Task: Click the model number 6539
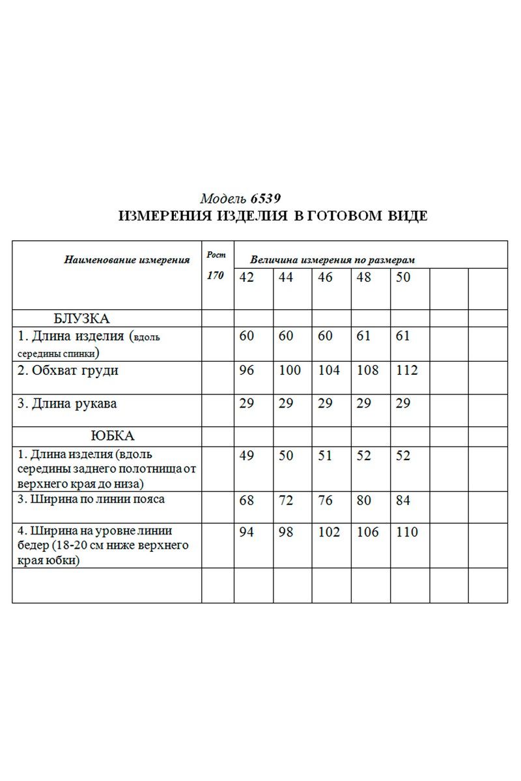267,199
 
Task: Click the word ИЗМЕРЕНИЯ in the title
164,217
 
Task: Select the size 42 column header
247,277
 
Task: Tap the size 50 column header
403,277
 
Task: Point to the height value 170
215,275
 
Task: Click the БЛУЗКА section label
81,319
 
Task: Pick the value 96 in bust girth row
247,370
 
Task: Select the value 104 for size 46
329,370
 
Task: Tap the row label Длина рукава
67,404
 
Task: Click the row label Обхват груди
68,371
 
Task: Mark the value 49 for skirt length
247,456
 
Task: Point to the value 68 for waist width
247,500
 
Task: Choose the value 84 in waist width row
403,500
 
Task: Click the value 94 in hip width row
247,532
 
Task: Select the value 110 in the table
406,532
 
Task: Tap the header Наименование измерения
127,260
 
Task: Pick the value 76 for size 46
325,500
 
